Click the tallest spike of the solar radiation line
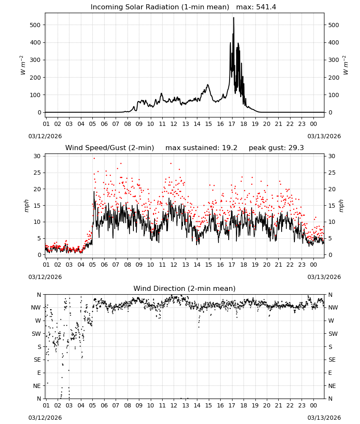tap(234, 18)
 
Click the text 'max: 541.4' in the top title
tap(256, 7)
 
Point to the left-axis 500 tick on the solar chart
tap(35, 25)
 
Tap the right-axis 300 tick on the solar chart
tap(333, 60)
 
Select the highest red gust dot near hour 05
tap(94, 158)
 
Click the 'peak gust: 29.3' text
tap(276, 148)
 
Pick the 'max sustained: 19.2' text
tap(201, 148)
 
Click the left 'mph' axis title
tap(26, 206)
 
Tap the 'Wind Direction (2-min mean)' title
tap(185, 288)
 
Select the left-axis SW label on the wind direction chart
tap(36, 334)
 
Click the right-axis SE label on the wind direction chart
tap(332, 360)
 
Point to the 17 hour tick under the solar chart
tap(232, 124)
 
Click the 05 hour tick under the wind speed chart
tap(92, 265)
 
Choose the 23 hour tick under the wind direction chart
tap(302, 405)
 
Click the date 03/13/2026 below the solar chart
tap(324, 136)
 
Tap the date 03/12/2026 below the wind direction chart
tap(45, 418)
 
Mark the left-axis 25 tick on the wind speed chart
tap(37, 173)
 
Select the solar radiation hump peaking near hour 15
tap(208, 85)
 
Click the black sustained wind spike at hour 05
tap(94, 192)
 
